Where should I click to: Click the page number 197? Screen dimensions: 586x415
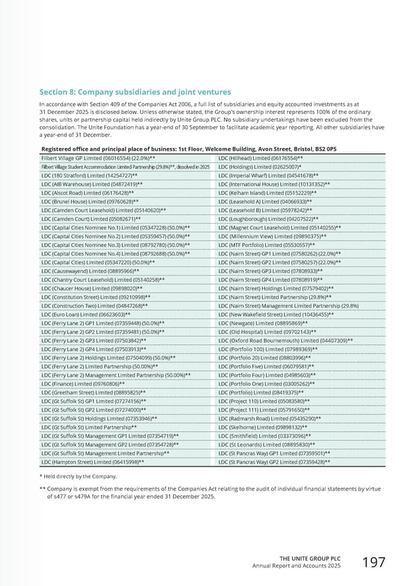pos(372,563)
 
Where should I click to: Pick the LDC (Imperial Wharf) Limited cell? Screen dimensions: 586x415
pos(268,176)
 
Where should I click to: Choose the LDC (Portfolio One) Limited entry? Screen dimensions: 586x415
pos(266,383)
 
